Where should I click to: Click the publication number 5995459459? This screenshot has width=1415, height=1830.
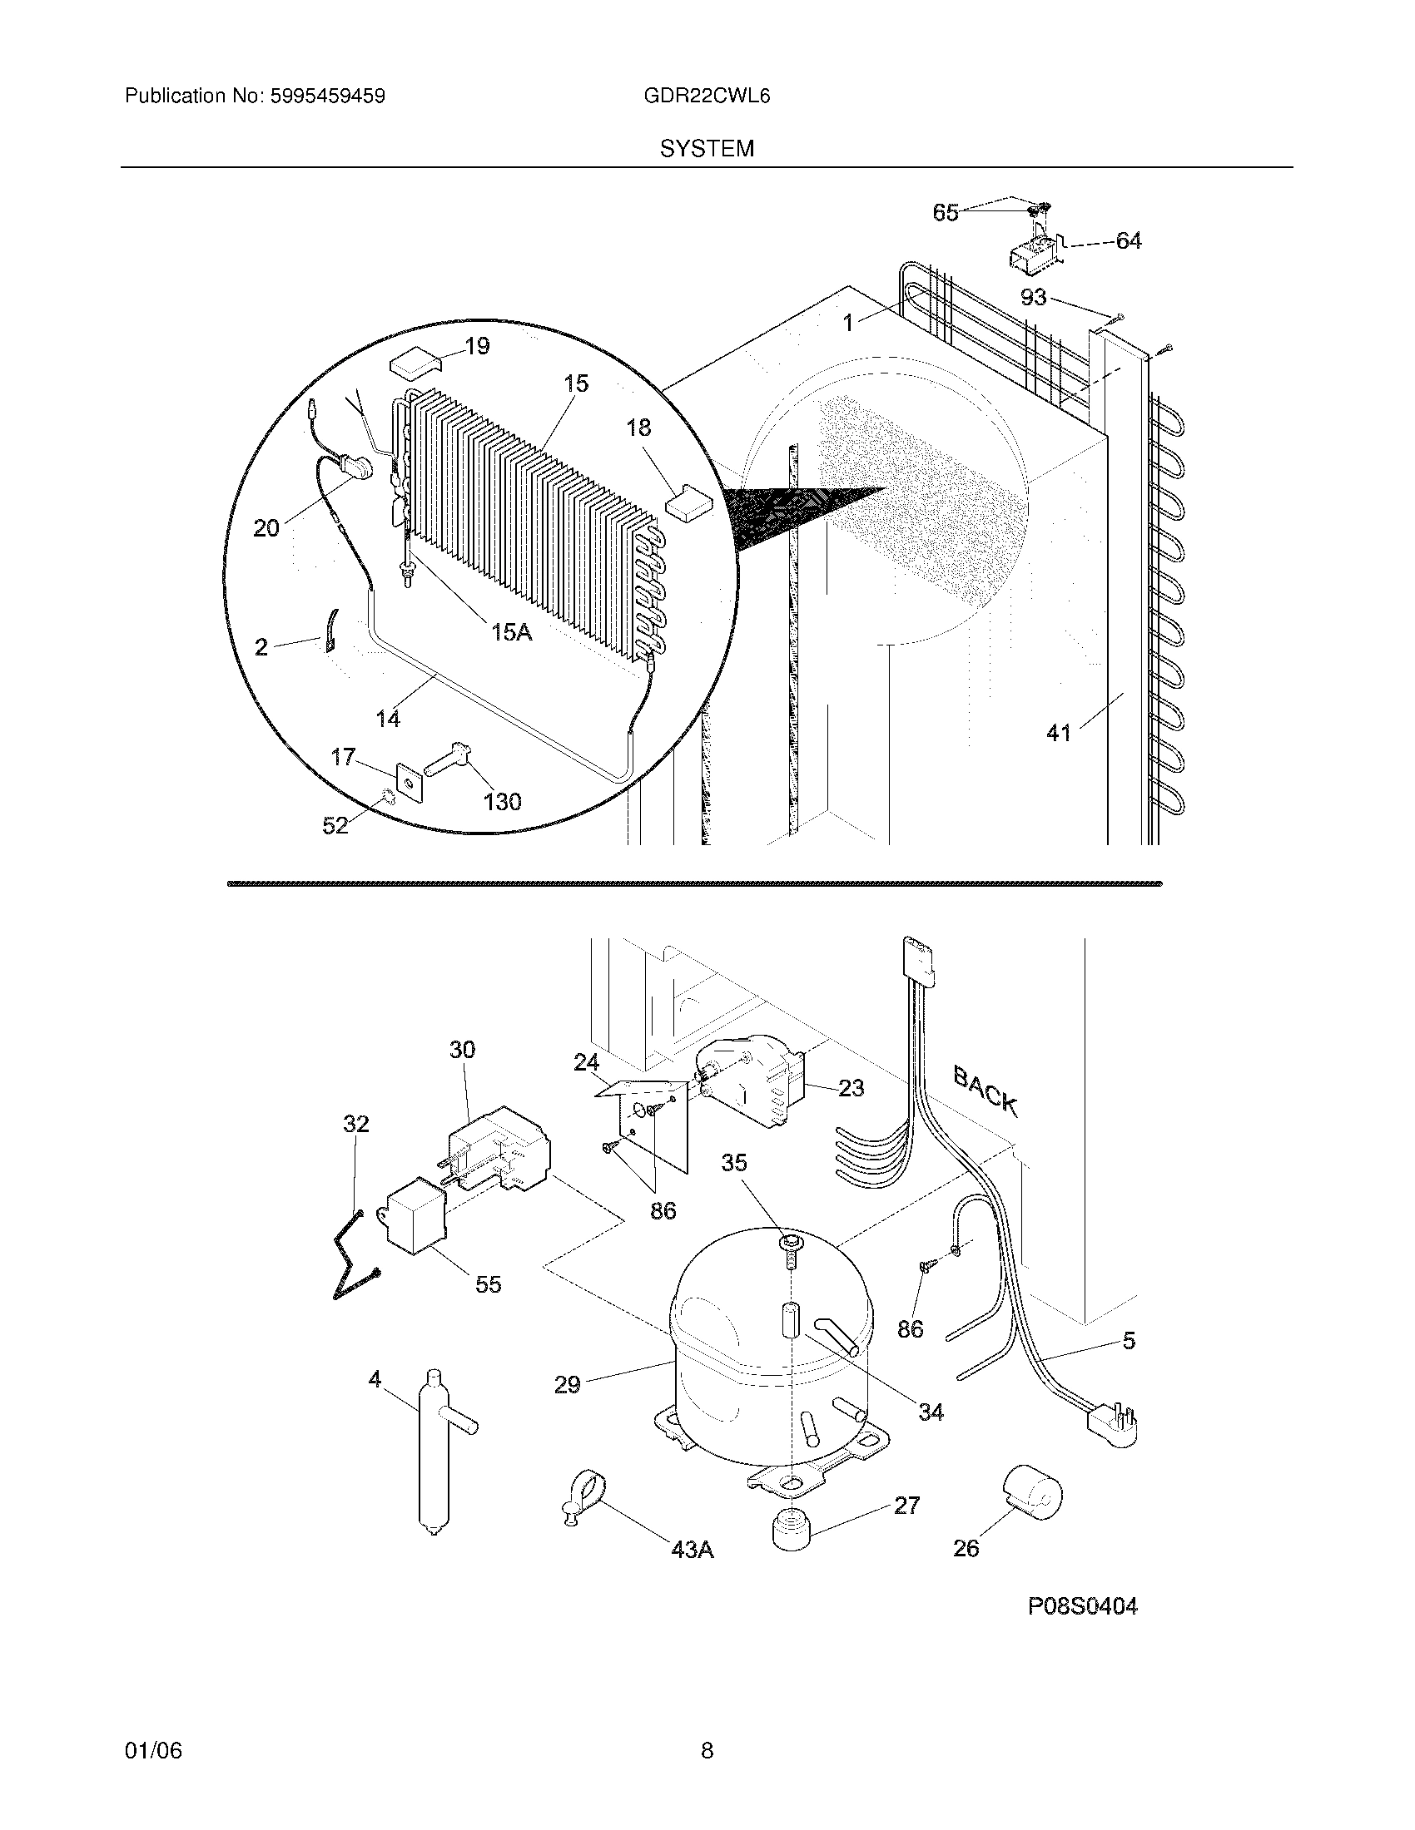pyautogui.click(x=327, y=96)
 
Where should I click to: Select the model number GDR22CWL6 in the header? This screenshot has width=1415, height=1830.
pyautogui.click(x=707, y=96)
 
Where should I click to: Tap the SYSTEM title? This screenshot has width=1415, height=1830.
pyautogui.click(x=707, y=149)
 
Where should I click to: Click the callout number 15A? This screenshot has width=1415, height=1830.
pyautogui.click(x=511, y=632)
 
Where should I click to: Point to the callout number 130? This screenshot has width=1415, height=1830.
pyautogui.click(x=502, y=802)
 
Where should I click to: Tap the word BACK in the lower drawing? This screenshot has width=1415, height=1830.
pyautogui.click(x=986, y=1091)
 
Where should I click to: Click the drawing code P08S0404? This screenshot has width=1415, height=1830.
pyautogui.click(x=1082, y=1606)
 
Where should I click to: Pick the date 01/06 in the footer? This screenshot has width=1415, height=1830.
pyautogui.click(x=152, y=1751)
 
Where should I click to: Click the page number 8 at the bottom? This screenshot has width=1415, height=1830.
pyautogui.click(x=707, y=1751)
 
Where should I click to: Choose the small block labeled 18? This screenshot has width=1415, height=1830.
pyautogui.click(x=688, y=503)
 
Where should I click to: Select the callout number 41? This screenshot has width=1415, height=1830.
pyautogui.click(x=1059, y=733)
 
